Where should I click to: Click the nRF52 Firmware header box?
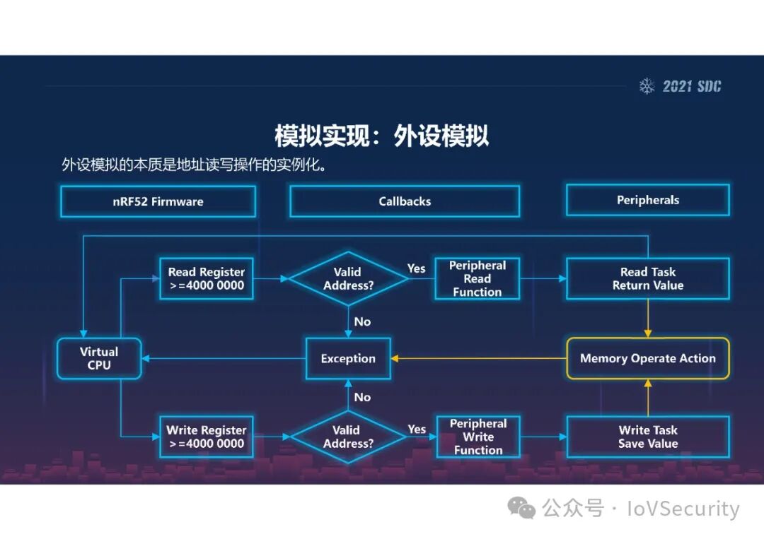[158, 201]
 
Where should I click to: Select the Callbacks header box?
[405, 201]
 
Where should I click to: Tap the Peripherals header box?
[647, 200]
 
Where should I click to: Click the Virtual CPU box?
[99, 358]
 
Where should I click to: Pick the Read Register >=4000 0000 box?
[207, 278]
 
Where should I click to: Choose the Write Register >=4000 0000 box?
[207, 437]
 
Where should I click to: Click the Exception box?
[348, 358]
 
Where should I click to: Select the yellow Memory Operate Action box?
[647, 358]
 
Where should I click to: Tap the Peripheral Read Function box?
[477, 278]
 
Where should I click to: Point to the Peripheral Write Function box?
[478, 437]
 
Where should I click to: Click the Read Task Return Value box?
[647, 278]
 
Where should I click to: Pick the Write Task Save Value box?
[647, 437]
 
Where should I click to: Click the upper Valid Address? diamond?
[348, 278]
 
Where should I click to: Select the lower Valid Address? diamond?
[348, 437]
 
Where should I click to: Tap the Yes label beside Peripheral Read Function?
[417, 268]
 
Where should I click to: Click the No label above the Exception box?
[362, 321]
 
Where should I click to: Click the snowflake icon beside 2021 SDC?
[647, 86]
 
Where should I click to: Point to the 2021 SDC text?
[692, 86]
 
